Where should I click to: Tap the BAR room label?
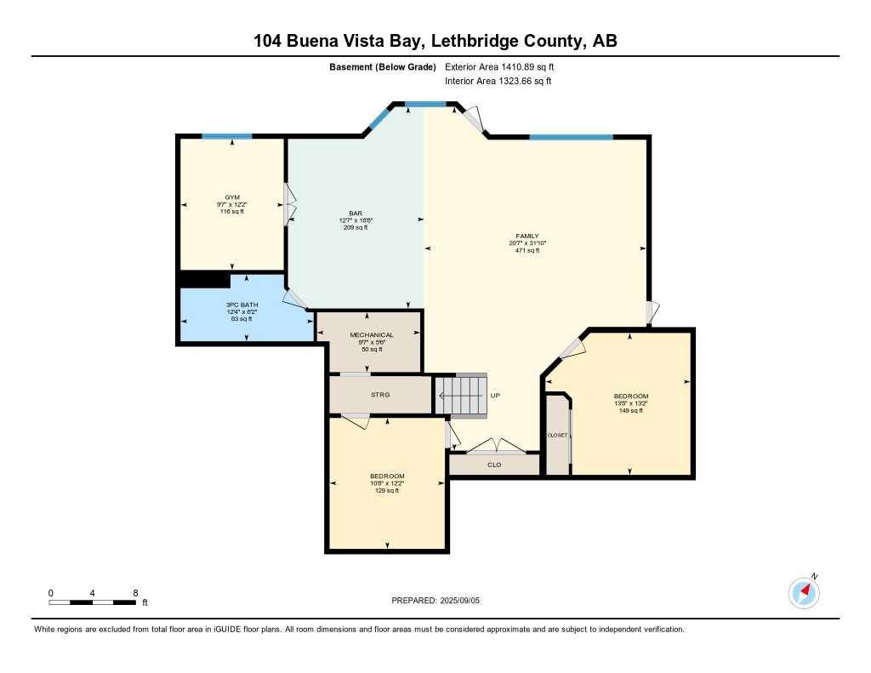[x=356, y=213]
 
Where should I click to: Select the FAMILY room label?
[x=527, y=237]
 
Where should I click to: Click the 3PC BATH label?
[x=242, y=305]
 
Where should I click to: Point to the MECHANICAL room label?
[x=372, y=335]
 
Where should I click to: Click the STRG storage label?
[x=379, y=395]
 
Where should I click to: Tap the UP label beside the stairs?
[x=494, y=396]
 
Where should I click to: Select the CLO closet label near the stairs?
[x=494, y=465]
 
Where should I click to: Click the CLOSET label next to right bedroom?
[x=557, y=435]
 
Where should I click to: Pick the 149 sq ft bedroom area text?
[x=630, y=411]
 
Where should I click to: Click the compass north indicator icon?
[x=805, y=591]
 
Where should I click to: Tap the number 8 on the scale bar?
[x=135, y=592]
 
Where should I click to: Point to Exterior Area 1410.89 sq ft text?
[x=499, y=66]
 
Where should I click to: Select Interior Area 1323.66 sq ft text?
[x=498, y=81]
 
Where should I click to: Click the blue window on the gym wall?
[x=226, y=136]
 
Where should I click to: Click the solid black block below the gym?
[x=204, y=280]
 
